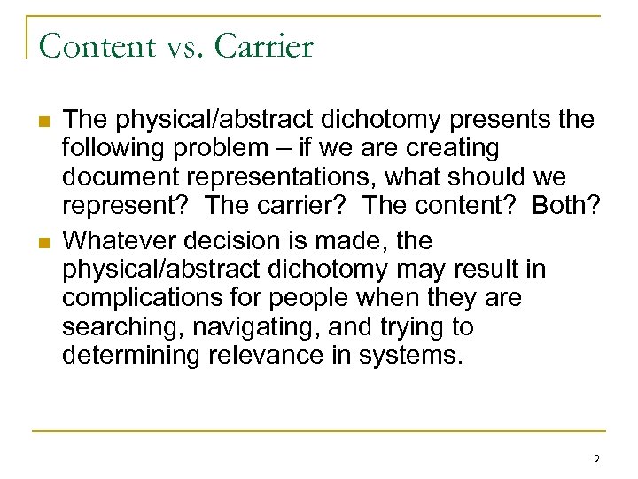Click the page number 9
tap(596, 459)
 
